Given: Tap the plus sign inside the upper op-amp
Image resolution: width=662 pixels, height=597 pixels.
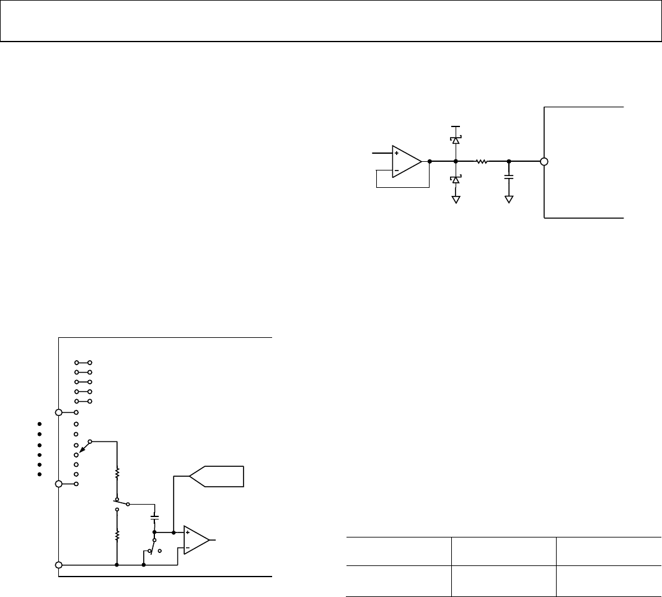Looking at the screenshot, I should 397,153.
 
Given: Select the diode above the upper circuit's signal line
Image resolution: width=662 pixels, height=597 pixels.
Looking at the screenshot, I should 456,140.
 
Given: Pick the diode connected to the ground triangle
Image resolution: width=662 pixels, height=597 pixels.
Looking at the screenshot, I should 456,179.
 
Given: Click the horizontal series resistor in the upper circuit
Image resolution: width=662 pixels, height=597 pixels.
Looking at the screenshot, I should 482,162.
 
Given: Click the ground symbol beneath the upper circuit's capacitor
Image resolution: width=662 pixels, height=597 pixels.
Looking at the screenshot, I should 509,199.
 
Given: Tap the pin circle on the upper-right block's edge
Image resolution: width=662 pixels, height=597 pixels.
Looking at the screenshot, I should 544,162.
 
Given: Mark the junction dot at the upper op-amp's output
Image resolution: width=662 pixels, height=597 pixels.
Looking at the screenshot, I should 429,162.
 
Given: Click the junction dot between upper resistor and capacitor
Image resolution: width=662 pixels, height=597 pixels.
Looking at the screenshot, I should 509,162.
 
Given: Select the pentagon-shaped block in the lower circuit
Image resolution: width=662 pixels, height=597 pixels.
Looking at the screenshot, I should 217,476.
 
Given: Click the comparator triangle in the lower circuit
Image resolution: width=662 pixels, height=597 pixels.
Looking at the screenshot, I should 196,540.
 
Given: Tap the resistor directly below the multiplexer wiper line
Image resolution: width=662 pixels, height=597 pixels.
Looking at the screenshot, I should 117,474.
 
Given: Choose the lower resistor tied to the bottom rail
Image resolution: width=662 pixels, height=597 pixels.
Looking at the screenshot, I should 117,535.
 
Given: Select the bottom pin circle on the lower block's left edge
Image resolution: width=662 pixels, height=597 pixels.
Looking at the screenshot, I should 59,565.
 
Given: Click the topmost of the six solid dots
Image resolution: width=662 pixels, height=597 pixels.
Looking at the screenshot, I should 38,424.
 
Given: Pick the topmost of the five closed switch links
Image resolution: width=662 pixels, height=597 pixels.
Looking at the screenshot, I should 84,362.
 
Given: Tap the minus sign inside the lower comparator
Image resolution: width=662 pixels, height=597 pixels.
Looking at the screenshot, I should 188,547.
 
